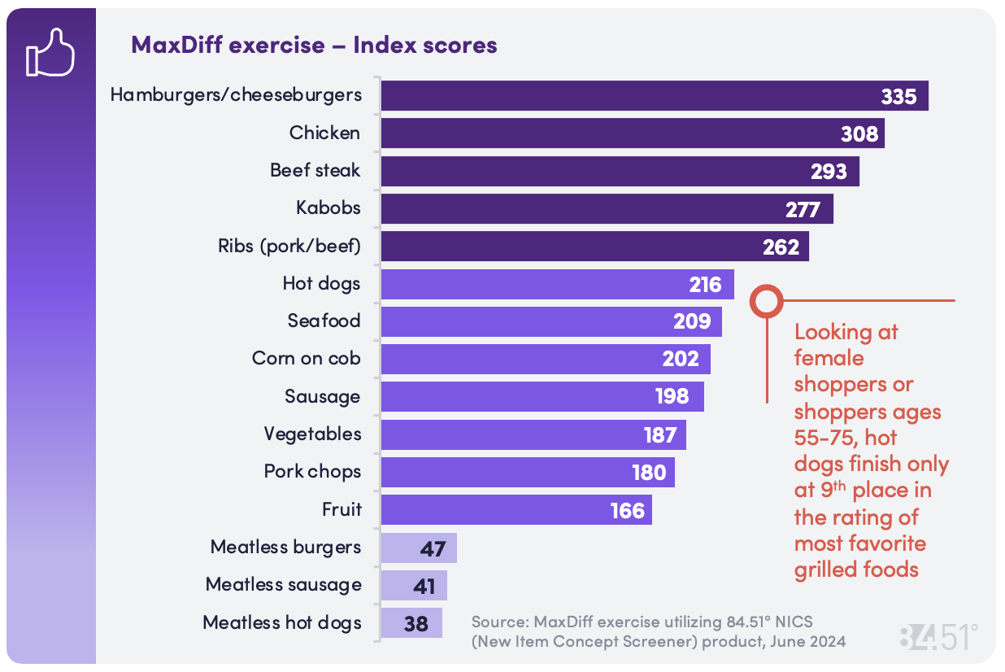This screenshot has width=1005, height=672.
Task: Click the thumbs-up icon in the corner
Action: coord(50,53)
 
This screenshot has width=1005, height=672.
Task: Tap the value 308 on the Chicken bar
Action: coord(859,133)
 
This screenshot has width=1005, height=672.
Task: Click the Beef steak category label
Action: coord(315,171)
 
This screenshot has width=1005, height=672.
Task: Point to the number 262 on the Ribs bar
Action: coord(781,247)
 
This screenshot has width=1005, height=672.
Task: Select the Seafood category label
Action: coord(324,321)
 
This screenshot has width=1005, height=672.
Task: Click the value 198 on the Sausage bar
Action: coord(672,396)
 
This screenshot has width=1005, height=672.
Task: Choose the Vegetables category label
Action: coord(312,434)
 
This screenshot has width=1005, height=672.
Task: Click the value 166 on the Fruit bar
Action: coord(628,510)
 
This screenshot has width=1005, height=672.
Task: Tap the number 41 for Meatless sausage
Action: coord(424,586)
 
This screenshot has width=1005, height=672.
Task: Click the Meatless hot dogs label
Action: coord(282,622)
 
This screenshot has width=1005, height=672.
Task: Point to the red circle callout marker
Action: coord(765,301)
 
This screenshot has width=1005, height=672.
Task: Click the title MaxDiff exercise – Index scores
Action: coord(314,45)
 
